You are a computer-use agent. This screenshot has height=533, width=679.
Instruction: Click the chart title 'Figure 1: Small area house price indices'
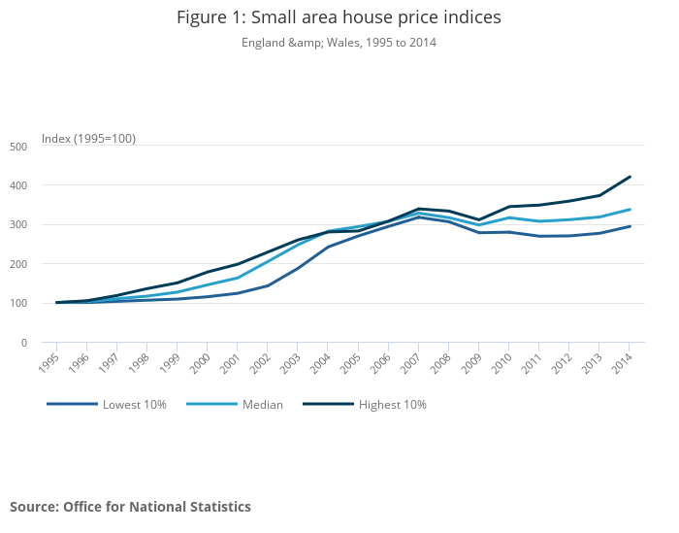(339, 17)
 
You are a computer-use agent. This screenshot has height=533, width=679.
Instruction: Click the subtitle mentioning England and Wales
(339, 43)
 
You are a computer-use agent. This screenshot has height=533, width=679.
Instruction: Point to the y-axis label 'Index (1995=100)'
(88, 139)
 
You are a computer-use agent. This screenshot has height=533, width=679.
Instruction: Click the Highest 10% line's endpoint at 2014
(630, 177)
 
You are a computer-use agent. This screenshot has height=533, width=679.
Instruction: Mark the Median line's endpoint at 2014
(630, 210)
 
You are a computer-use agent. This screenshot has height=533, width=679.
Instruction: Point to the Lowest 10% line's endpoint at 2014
(630, 226)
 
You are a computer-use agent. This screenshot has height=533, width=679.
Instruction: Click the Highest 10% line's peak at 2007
(418, 209)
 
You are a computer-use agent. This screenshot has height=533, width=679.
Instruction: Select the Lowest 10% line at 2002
(268, 285)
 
